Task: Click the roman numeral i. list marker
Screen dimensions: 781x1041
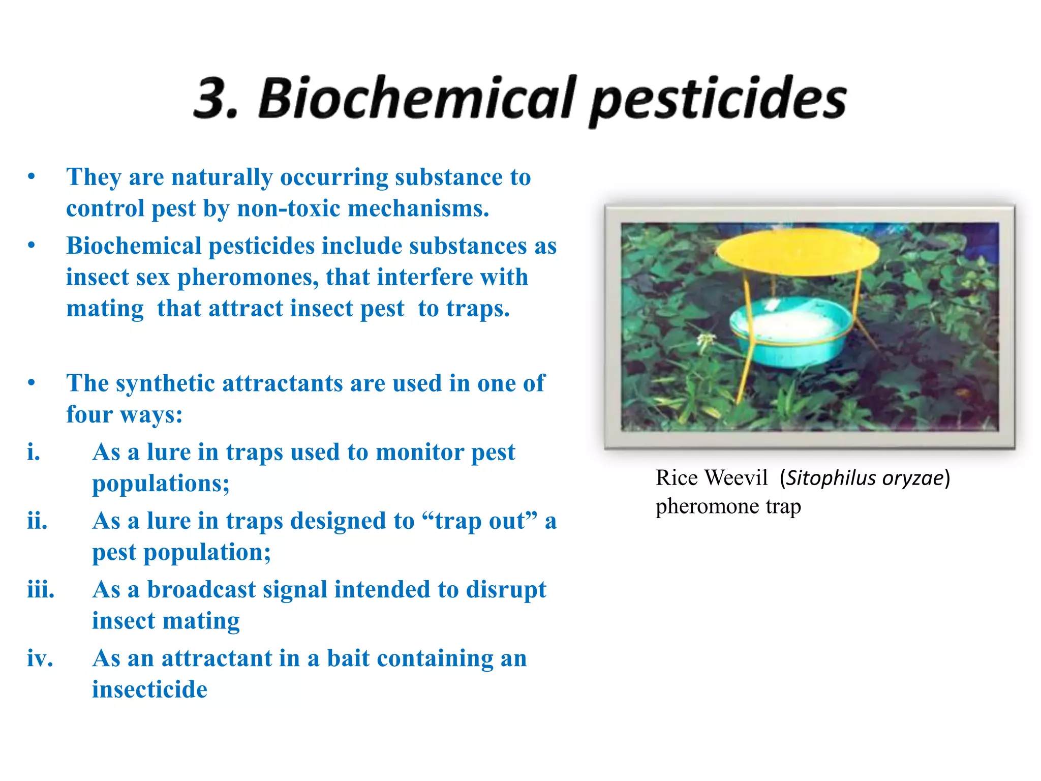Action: [34, 452]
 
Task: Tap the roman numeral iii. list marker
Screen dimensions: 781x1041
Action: [41, 590]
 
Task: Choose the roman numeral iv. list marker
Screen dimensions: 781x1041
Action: [40, 658]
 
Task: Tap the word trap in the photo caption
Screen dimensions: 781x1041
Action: [783, 507]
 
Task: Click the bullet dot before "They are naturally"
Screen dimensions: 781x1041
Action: [32, 177]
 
